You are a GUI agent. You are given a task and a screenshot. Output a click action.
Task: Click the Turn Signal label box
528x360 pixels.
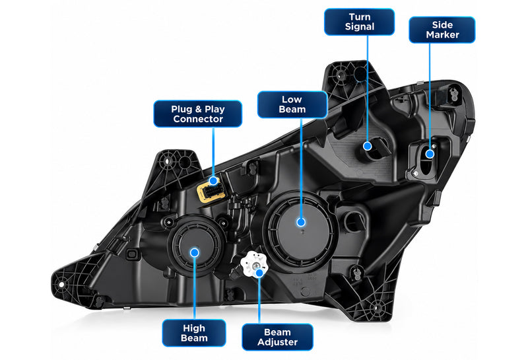click(359, 22)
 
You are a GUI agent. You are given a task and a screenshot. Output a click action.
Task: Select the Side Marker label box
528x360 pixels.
click(442, 30)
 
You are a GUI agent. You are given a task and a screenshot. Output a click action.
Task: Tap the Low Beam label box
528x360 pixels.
click(292, 104)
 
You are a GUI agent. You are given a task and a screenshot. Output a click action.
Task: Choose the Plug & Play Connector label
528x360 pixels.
click(197, 114)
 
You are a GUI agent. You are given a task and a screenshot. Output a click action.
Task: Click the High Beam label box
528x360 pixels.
click(194, 333)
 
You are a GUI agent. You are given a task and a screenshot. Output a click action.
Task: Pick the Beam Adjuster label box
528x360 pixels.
click(277, 337)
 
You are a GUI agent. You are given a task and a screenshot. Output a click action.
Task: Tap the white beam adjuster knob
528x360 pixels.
click(253, 264)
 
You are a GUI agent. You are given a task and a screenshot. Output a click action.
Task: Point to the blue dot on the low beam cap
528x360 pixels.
click(301, 222)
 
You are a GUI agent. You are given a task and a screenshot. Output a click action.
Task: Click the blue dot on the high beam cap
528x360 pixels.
click(194, 252)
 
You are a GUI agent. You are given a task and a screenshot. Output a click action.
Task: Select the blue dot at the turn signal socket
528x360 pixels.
click(368, 146)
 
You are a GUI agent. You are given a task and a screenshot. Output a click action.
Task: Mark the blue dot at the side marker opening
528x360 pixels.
click(430, 154)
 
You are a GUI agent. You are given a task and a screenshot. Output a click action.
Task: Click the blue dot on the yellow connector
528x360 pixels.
click(213, 181)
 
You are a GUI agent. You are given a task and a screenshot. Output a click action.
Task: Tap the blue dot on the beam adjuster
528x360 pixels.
click(259, 273)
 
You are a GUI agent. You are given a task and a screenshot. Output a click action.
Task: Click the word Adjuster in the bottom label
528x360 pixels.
click(277, 342)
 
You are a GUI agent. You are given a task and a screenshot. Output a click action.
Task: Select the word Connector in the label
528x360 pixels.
click(198, 119)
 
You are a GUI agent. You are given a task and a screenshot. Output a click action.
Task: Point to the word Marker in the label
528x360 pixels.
click(442, 35)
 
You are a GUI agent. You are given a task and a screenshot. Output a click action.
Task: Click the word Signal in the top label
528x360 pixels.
click(359, 27)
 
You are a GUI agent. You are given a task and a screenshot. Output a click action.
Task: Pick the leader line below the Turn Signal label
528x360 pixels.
click(368, 89)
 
